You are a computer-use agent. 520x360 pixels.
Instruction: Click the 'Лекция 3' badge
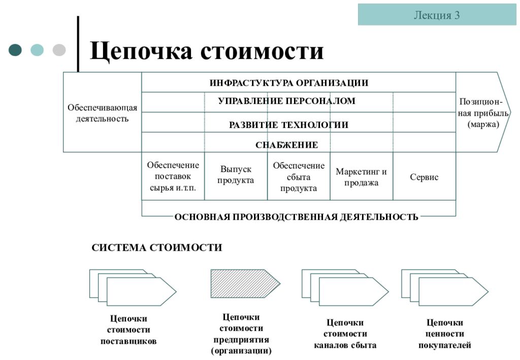point(437,15)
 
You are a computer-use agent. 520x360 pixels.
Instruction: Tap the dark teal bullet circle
point(15,50)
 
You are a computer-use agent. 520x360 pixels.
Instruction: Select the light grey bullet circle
point(59,50)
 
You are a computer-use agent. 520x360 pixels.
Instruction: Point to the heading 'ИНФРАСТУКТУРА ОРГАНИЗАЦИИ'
point(289,83)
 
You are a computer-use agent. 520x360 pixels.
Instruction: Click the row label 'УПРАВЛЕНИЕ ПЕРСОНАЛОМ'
point(286,101)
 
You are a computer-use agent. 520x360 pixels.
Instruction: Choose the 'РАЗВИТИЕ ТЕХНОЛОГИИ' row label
point(288,125)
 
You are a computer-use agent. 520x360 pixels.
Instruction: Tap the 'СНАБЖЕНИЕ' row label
point(286,145)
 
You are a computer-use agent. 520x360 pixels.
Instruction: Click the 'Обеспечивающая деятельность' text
point(102,113)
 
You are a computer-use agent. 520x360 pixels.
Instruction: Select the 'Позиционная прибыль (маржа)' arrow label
point(483,113)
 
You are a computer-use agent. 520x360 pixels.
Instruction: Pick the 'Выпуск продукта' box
point(236,176)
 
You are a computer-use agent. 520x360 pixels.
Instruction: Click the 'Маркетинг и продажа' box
point(362,176)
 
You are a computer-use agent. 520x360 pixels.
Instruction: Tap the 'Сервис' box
point(425,176)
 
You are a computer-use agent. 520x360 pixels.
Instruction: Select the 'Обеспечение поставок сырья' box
point(173,176)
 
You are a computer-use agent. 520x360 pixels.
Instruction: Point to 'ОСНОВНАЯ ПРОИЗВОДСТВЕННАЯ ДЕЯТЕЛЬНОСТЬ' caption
point(296,217)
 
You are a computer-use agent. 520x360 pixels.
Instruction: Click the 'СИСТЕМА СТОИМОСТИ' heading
point(157,248)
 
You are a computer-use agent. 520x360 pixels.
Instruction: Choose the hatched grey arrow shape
point(245,283)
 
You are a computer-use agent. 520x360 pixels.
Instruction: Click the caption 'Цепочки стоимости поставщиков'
point(128,330)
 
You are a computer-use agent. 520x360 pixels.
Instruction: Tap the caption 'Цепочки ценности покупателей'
point(445,334)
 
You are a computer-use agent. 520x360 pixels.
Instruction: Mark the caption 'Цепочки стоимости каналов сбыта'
point(345,334)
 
